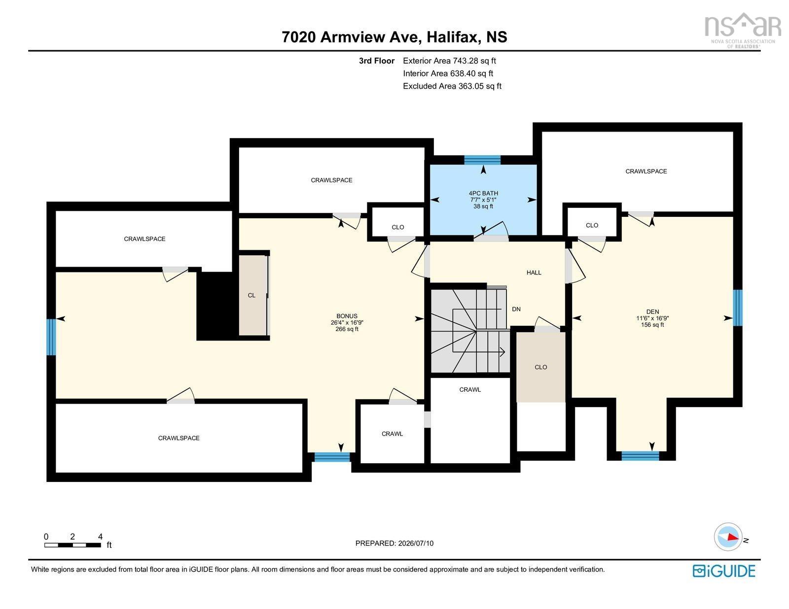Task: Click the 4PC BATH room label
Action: (483, 193)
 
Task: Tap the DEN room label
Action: (652, 311)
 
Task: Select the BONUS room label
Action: (347, 316)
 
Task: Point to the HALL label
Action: (534, 272)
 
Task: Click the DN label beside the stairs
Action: (516, 309)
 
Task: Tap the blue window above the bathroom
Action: (482, 160)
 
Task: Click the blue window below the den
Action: (640, 456)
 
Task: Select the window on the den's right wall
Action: (737, 307)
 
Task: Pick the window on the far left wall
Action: (51, 337)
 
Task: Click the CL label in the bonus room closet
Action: (251, 295)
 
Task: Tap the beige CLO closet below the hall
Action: (541, 367)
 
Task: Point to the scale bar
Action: (72, 545)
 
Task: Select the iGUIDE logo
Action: (724, 571)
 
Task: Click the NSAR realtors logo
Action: (743, 31)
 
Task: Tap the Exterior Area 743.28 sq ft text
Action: (449, 61)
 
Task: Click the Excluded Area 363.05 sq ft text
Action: (452, 86)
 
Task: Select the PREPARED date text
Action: (394, 543)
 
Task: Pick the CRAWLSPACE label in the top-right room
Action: (646, 171)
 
